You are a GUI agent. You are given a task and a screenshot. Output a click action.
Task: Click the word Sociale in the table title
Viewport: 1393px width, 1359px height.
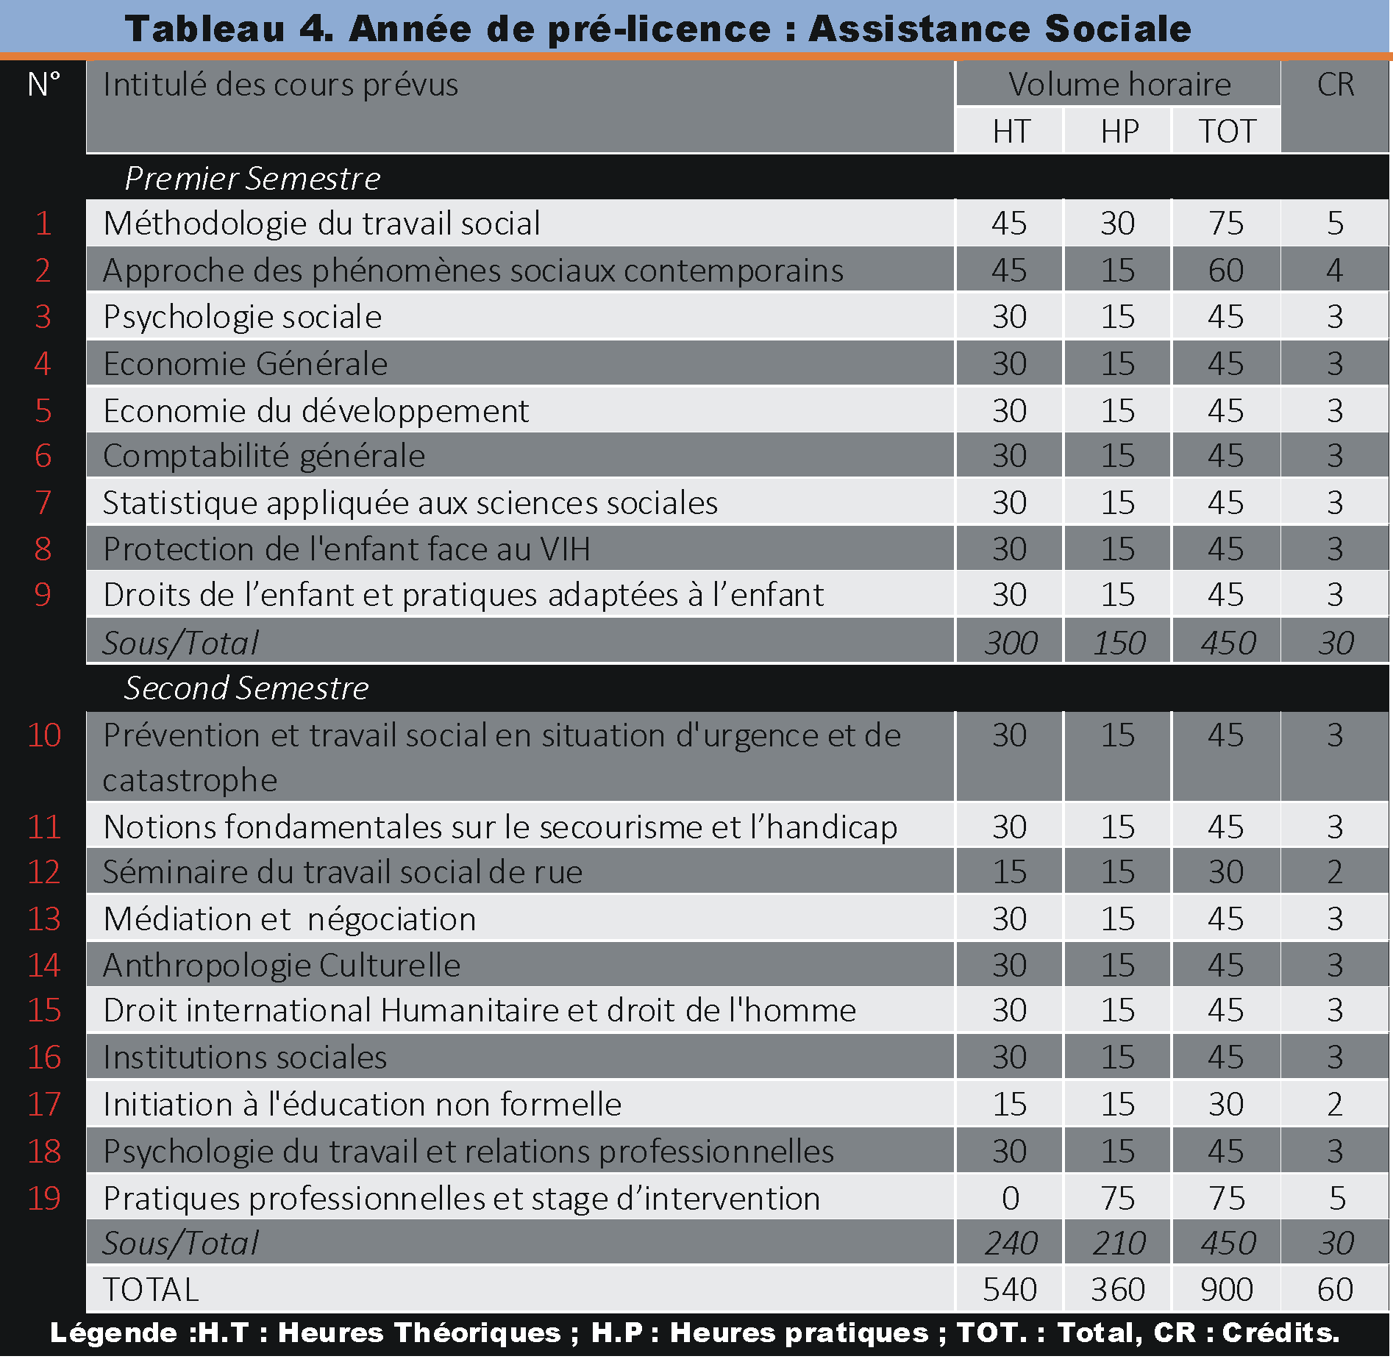point(1117,29)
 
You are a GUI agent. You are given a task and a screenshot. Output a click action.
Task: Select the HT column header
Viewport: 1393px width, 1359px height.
point(1011,132)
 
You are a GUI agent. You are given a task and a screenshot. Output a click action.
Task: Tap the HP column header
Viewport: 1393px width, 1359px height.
point(1119,132)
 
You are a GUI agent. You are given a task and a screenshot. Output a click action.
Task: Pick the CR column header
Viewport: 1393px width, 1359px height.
point(1336,85)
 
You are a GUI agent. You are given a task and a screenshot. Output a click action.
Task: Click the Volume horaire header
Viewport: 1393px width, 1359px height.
point(1119,85)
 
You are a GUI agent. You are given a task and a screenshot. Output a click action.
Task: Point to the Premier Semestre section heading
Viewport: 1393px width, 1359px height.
point(252,179)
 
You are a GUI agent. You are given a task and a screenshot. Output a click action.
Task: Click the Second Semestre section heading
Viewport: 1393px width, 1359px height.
point(246,688)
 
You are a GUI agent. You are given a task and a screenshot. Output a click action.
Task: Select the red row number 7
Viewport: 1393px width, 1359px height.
point(43,503)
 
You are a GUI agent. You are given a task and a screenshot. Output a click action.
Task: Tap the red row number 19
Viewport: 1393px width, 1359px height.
point(44,1199)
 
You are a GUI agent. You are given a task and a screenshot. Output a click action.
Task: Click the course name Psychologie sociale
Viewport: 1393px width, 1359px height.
point(243,317)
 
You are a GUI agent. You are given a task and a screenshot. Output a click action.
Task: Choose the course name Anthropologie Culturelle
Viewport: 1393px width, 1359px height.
point(282,966)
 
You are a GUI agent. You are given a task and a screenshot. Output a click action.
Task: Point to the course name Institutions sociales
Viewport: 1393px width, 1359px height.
point(245,1057)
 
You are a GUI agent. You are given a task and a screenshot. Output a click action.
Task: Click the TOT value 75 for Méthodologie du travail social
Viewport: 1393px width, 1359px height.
point(1226,224)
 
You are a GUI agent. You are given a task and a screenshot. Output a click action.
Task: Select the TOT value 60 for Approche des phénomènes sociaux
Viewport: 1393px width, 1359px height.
point(1226,271)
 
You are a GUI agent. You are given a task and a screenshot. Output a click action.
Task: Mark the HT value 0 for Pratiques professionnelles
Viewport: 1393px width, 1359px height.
point(1011,1199)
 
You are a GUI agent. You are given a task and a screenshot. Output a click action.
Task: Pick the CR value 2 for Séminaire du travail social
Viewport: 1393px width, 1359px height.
point(1336,872)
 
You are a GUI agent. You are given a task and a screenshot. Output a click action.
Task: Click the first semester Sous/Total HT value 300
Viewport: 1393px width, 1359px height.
point(1011,643)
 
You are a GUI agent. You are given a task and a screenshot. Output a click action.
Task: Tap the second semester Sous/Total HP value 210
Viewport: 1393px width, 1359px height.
point(1119,1244)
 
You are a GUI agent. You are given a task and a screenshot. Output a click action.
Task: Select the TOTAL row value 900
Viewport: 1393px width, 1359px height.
point(1226,1290)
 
